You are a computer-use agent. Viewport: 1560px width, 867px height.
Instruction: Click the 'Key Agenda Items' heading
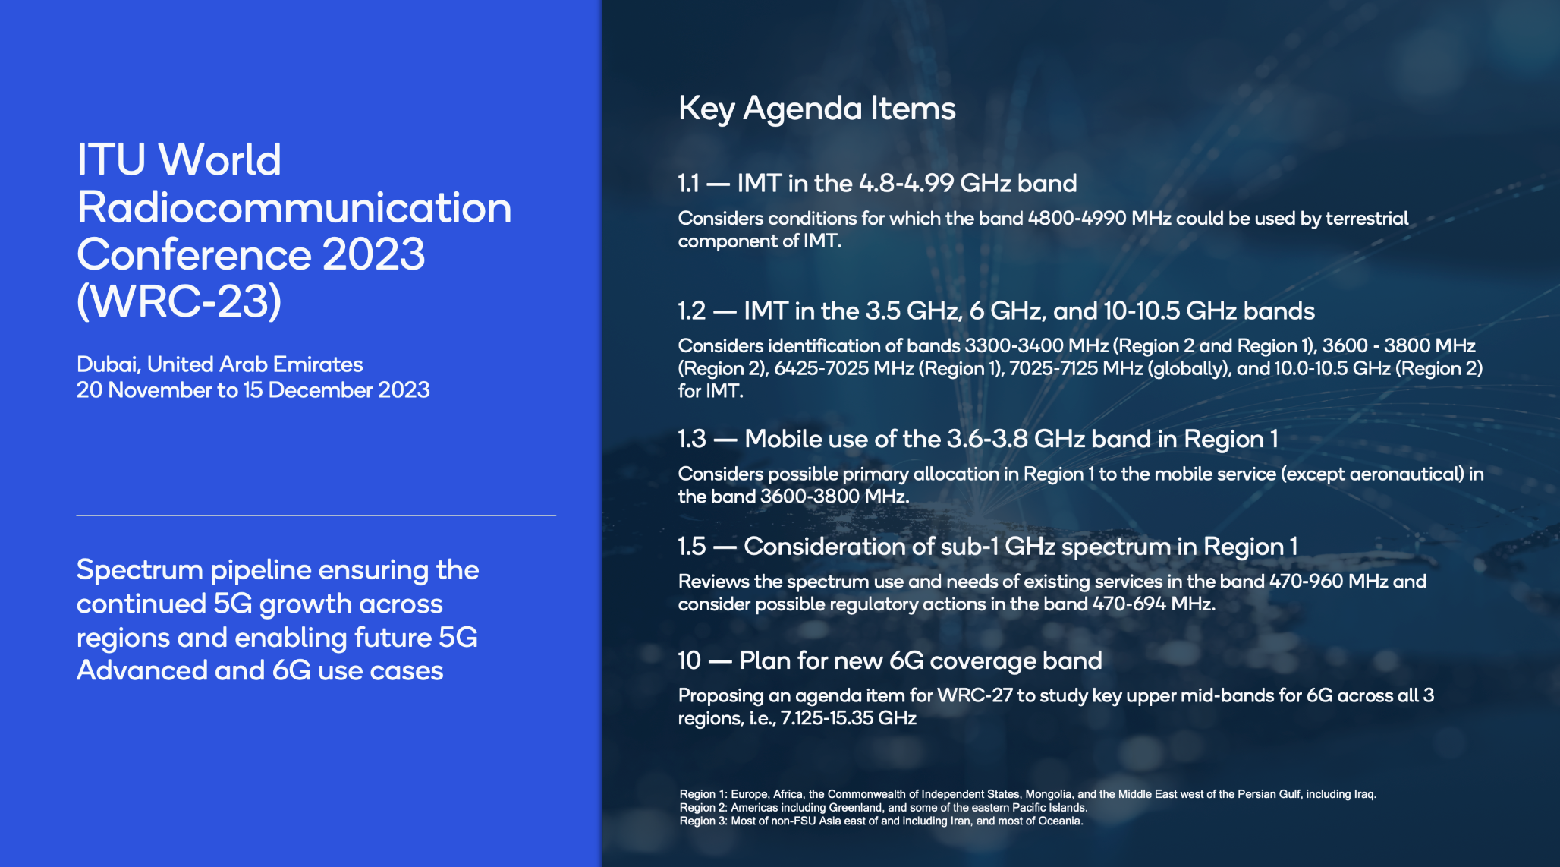(816, 109)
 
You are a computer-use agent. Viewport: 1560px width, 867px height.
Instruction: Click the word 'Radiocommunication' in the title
(294, 207)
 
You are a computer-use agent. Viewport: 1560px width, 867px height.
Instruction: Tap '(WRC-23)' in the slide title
(179, 301)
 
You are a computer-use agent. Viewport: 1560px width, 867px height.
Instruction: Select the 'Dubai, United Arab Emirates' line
(219, 364)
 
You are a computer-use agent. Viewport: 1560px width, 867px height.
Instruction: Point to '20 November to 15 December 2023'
(253, 390)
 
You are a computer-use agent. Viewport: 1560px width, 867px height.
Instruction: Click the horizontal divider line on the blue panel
(316, 515)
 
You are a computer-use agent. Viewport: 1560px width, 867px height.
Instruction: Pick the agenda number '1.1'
(687, 184)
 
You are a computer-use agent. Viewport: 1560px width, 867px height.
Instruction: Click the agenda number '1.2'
(691, 311)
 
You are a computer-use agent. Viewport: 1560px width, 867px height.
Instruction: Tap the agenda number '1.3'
(691, 440)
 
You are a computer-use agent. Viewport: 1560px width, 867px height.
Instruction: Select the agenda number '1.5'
(691, 547)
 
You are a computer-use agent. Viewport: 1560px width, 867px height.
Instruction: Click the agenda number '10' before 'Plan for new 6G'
(689, 661)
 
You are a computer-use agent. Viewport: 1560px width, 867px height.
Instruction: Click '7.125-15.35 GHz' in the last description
(848, 719)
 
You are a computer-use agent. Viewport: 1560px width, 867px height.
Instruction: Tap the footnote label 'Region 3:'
(703, 821)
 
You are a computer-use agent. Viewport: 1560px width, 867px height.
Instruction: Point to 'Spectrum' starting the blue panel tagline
(140, 570)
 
